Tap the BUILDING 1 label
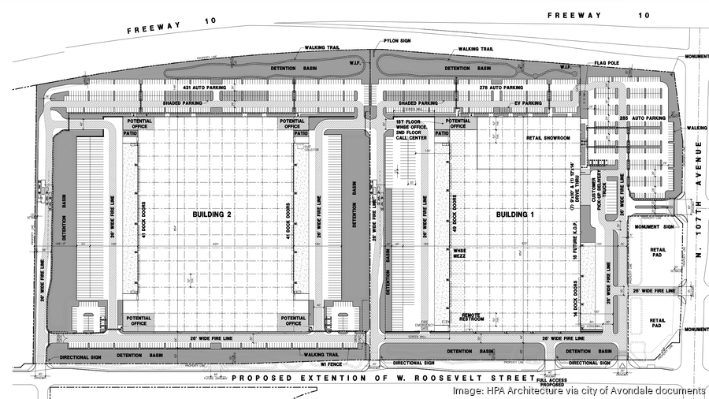(513, 214)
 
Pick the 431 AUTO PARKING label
(204, 88)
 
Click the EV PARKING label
(529, 103)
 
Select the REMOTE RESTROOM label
(478, 317)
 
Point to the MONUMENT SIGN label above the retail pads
(651, 227)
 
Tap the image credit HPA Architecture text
(578, 390)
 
